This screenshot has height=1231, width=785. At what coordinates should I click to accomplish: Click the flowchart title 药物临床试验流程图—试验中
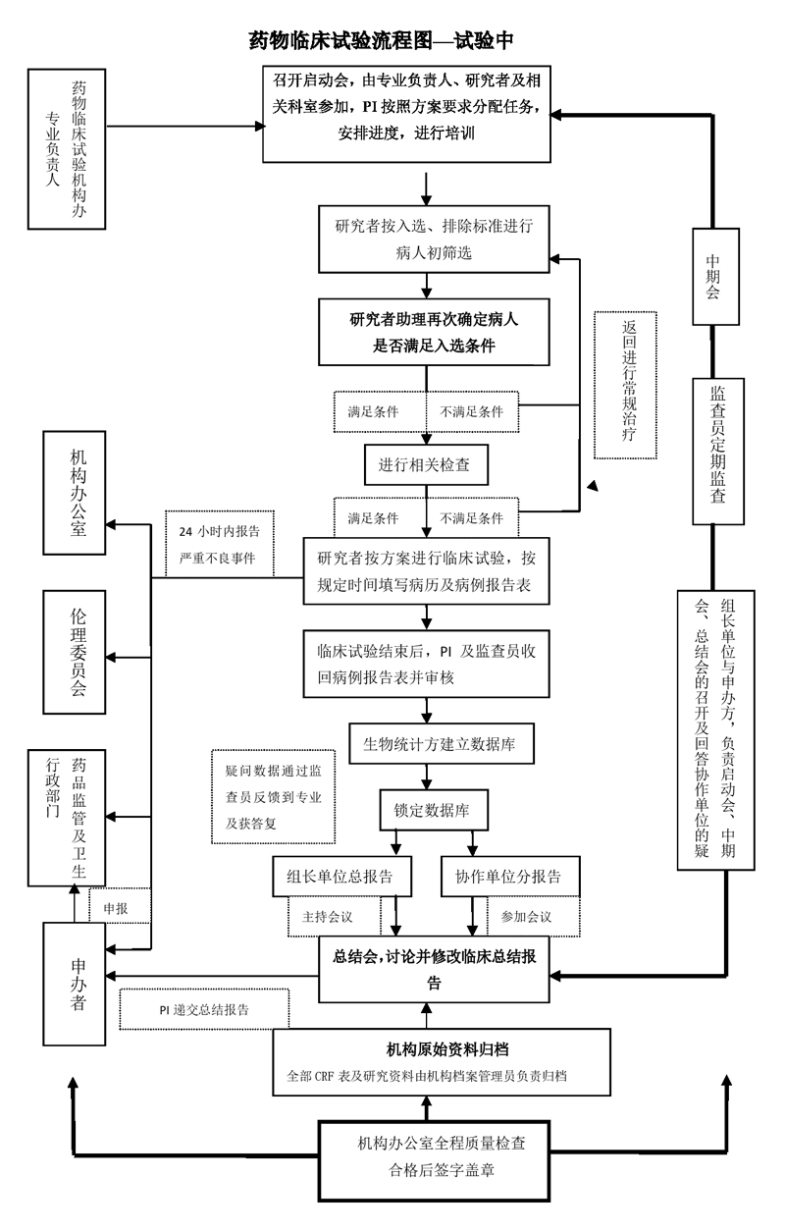pos(382,40)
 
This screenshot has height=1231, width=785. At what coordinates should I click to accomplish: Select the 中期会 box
pos(715,277)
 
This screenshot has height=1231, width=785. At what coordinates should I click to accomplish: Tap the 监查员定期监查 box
pos(718,452)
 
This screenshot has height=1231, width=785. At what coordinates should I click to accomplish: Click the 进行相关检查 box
pos(426,464)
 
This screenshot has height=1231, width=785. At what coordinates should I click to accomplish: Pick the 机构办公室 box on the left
pos(75,493)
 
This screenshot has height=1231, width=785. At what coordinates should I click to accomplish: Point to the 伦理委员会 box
pos(75,652)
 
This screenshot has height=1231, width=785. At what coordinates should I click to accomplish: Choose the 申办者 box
pos(75,984)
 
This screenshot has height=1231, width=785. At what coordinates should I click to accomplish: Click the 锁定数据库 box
pos(434,810)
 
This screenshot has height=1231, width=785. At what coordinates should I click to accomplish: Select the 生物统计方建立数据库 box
pos(442,743)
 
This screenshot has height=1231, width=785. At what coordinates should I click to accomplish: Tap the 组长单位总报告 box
pos(341,876)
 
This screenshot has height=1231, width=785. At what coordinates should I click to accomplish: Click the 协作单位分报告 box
pos(510,876)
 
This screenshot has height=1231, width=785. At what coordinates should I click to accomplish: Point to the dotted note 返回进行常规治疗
pos(625,385)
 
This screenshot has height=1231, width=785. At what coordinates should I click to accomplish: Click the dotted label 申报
pos(119,908)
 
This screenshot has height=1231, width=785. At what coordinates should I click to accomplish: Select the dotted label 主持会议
pos(334,916)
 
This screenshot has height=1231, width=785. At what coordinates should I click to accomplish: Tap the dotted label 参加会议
pos(533,916)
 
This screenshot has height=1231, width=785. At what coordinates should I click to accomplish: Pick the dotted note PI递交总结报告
pos(204,1009)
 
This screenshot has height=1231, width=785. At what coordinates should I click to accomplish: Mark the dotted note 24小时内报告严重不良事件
pos(219,544)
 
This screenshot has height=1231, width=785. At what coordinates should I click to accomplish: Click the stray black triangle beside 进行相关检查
pos(593,485)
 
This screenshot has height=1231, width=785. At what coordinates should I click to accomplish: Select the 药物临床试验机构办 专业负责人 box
pos(67,148)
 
